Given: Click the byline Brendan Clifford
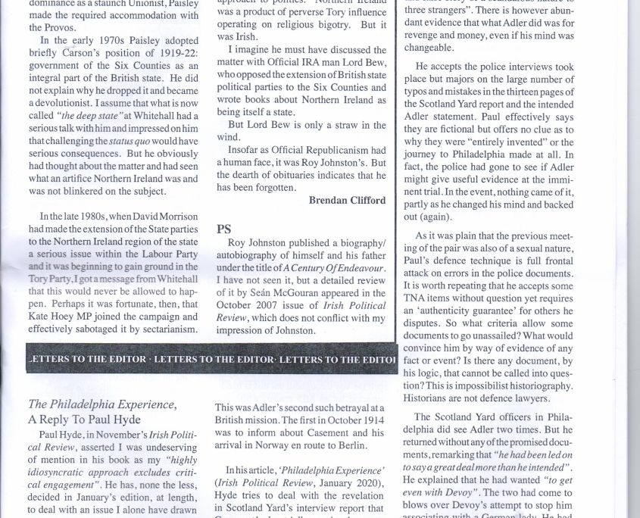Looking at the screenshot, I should click(347, 201).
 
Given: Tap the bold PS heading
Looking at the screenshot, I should click(224, 229).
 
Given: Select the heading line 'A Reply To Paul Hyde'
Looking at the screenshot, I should click(85, 419).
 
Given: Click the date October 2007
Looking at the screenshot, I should click(244, 305).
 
